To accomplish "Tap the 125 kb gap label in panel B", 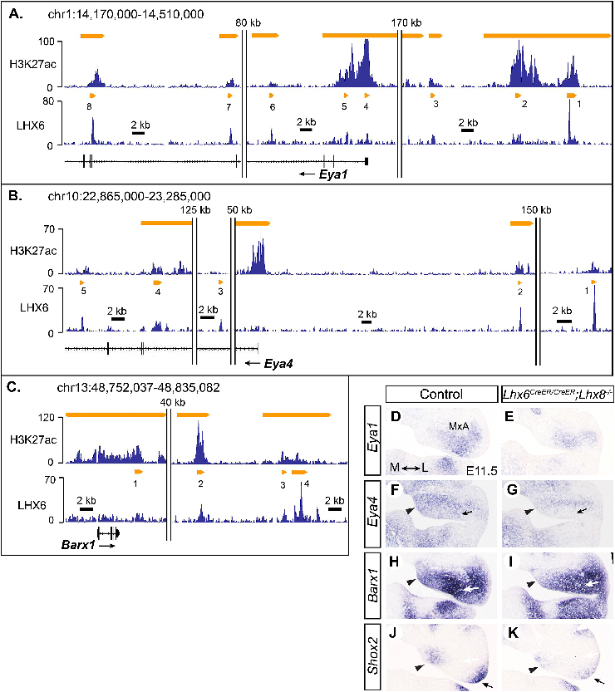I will point(196,210).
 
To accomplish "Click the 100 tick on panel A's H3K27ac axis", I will point(47,40).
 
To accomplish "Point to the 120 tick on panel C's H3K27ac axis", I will point(47,419).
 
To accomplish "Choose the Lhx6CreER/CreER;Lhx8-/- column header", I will point(557,395).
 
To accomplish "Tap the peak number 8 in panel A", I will point(88,106).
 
